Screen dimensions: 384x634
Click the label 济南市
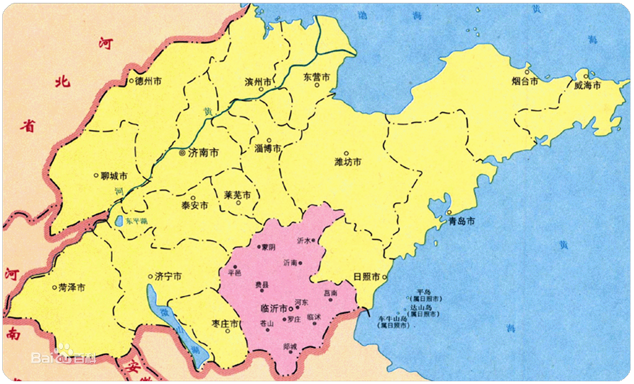203,153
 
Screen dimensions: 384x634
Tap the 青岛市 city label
461,221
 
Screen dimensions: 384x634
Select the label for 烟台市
525,82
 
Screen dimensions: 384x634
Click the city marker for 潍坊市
346,153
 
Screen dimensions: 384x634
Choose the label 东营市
317,77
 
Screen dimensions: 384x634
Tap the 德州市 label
148,82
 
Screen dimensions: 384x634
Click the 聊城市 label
114,175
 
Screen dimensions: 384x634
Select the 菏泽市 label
72,287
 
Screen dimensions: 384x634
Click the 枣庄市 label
225,324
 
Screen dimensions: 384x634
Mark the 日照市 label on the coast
367,277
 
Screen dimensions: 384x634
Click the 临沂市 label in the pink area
273,309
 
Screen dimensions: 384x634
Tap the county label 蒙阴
268,247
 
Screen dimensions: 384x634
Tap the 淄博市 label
268,149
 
